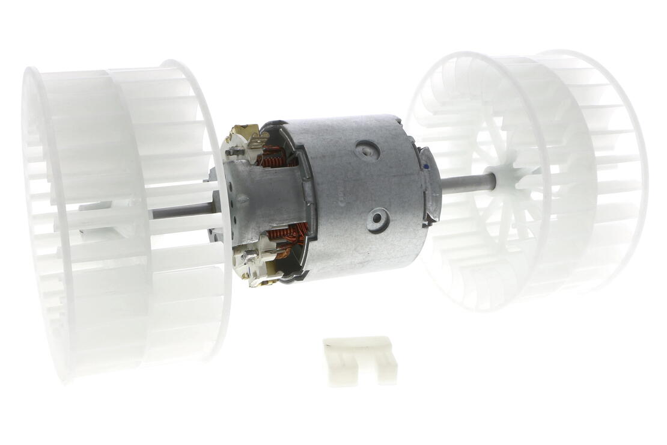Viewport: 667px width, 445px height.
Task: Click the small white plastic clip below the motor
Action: coord(361,360)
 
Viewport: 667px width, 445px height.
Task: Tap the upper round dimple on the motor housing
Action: coord(364,147)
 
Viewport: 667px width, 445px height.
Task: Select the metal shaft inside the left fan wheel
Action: coord(180,211)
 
